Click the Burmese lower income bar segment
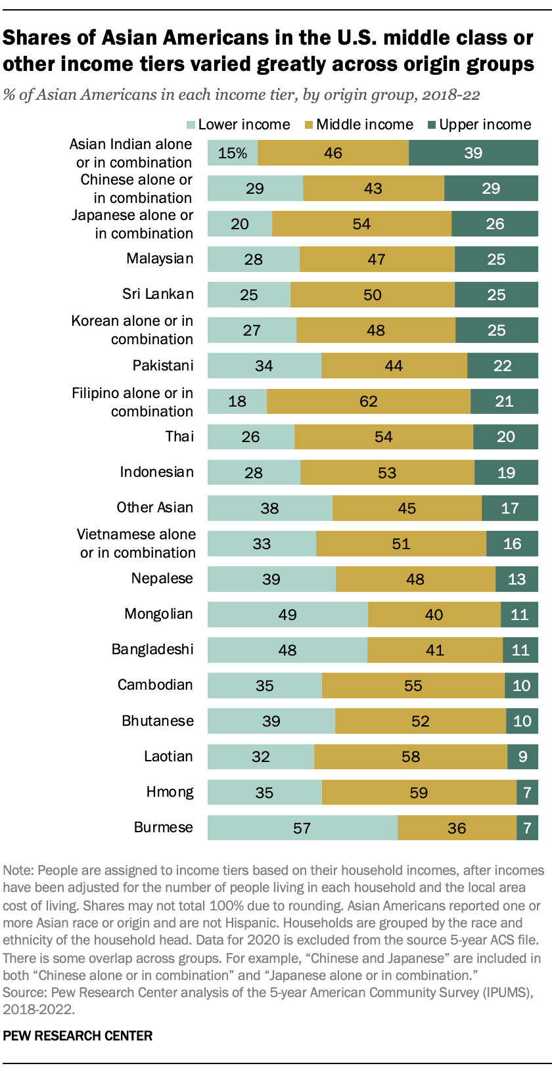pyautogui.click(x=302, y=828)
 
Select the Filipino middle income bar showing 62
pyautogui.click(x=369, y=401)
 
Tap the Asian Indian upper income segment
pyautogui.click(x=473, y=153)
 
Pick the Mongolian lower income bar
pyautogui.click(x=287, y=615)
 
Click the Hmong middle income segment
pyautogui.click(x=419, y=792)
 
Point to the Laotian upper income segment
pyautogui.click(x=522, y=757)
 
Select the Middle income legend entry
pyautogui.click(x=365, y=125)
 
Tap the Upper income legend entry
pyautogui.click(x=485, y=125)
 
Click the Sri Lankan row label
pyautogui.click(x=158, y=294)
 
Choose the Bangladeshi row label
pyautogui.click(x=152, y=650)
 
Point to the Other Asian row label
pyautogui.click(x=154, y=508)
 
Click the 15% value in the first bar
pyautogui.click(x=233, y=153)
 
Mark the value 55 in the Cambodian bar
pyautogui.click(x=413, y=686)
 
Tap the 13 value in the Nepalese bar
pyautogui.click(x=517, y=579)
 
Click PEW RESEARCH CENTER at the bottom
pyautogui.click(x=78, y=1036)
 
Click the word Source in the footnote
pyautogui.click(x=24, y=993)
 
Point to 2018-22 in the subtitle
pyautogui.click(x=451, y=95)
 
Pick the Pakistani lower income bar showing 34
pyautogui.click(x=264, y=366)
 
